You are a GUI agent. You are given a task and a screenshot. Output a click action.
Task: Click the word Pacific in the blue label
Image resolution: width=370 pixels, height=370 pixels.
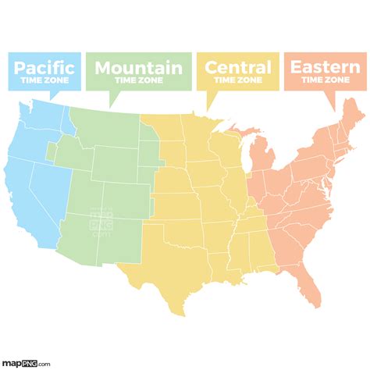click(44, 66)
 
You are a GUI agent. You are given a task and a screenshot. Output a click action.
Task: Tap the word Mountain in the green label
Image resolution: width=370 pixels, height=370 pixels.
click(138, 68)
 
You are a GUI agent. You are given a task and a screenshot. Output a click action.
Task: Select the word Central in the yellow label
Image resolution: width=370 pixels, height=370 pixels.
click(237, 67)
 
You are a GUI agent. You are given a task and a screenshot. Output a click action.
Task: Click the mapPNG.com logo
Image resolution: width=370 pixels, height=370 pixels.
click(27, 362)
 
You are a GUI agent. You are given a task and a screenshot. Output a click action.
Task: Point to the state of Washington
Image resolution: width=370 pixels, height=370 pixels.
click(47, 117)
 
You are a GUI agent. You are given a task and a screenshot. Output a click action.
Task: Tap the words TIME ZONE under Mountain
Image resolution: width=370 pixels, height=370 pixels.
click(138, 80)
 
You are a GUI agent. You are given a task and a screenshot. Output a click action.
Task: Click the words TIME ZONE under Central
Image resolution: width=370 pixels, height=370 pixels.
click(237, 79)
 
